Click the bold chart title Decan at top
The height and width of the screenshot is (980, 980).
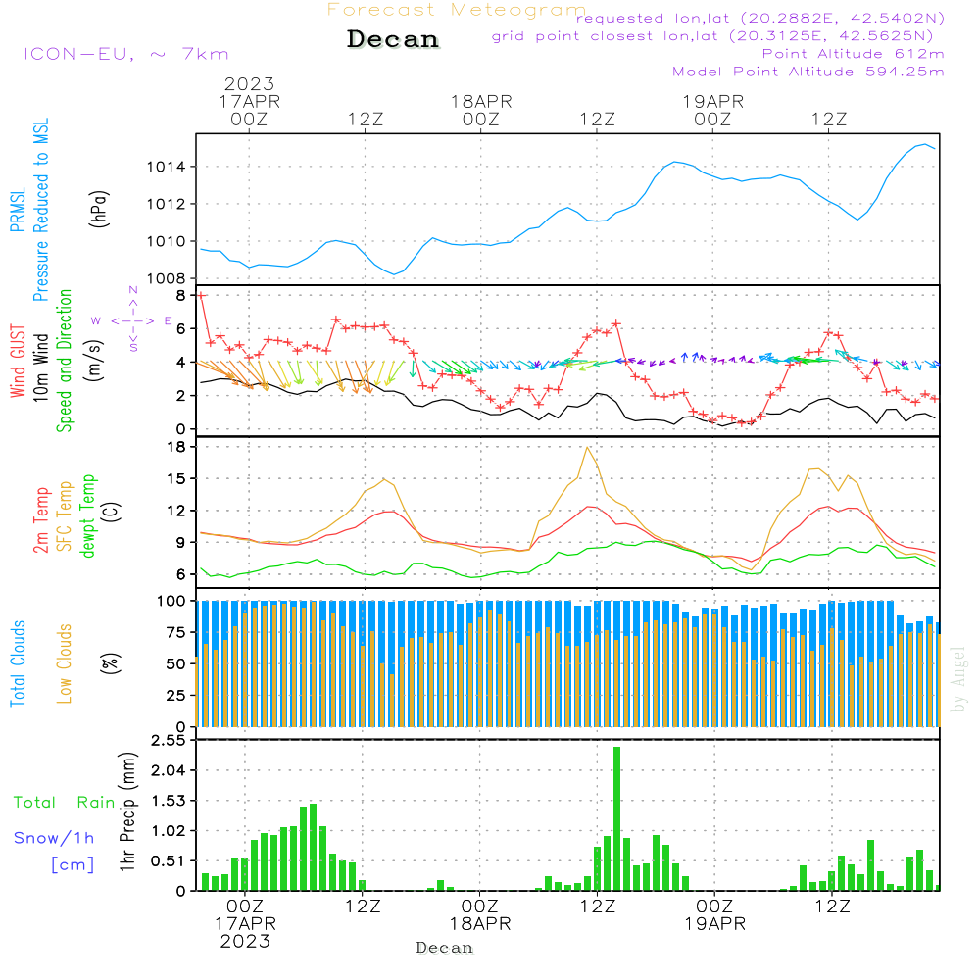[x=393, y=39]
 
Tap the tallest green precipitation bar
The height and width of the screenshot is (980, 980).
[x=616, y=818]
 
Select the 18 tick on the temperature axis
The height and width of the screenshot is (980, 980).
[x=177, y=447]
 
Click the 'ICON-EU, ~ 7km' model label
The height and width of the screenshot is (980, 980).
[x=125, y=54]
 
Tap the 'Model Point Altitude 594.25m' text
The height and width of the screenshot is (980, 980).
[x=808, y=71]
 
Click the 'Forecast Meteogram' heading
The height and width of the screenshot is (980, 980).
[x=457, y=10]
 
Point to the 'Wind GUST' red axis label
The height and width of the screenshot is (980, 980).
[x=18, y=363]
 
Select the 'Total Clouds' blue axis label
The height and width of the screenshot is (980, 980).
[x=18, y=662]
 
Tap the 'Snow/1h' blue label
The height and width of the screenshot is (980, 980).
[x=54, y=838]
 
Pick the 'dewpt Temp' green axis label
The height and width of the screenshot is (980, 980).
[x=89, y=516]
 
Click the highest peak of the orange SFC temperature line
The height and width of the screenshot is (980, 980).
[x=587, y=448]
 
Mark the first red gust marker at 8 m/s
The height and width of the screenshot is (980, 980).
[x=201, y=294]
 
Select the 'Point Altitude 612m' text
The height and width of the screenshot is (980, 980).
[x=853, y=53]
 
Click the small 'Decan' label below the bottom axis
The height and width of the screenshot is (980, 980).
[x=444, y=948]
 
